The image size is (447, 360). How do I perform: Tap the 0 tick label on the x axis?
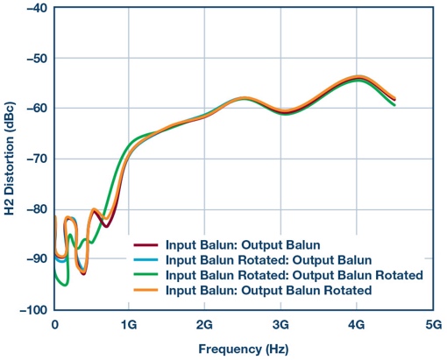tap(54, 323)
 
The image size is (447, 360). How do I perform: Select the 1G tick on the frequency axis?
tap(129, 323)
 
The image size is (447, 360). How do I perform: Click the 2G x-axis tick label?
tap(204, 323)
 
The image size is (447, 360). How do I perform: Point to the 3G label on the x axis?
tap(280, 323)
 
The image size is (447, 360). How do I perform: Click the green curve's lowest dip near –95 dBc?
tap(64, 284)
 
